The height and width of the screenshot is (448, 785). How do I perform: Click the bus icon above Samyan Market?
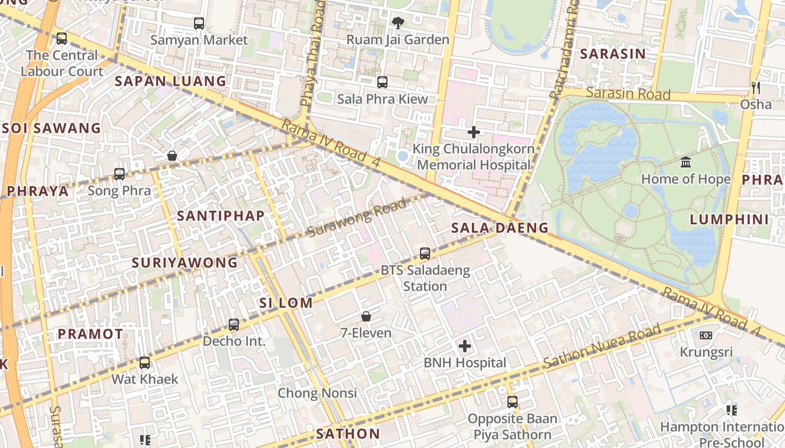pyautogui.click(x=199, y=24)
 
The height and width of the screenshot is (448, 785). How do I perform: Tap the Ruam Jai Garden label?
pyautogui.click(x=398, y=40)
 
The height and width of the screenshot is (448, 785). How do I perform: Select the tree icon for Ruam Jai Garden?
pyautogui.click(x=398, y=23)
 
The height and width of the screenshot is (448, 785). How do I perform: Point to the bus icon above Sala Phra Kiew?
pyautogui.click(x=382, y=82)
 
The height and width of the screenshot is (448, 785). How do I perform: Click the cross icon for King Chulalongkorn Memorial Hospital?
pyautogui.click(x=474, y=132)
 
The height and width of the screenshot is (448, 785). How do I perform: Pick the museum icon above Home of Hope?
pyautogui.click(x=685, y=162)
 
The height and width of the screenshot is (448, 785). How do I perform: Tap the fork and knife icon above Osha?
pyautogui.click(x=755, y=87)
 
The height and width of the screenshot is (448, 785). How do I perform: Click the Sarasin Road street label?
pyautogui.click(x=628, y=93)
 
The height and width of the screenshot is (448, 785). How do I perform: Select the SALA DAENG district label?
pyautogui.click(x=500, y=227)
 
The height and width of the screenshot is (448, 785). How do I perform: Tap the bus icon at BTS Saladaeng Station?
pyautogui.click(x=425, y=254)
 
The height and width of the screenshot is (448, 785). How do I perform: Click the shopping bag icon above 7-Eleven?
pyautogui.click(x=366, y=316)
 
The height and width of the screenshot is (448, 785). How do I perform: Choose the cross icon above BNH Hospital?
pyautogui.click(x=465, y=346)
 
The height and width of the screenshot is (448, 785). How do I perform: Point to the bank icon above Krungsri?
pyautogui.click(x=706, y=335)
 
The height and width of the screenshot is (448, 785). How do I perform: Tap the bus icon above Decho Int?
pyautogui.click(x=234, y=325)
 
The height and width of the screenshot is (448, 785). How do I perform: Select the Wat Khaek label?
pyautogui.click(x=145, y=379)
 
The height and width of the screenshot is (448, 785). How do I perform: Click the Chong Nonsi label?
pyautogui.click(x=317, y=393)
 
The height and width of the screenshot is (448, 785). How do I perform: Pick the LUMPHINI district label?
pyautogui.click(x=729, y=220)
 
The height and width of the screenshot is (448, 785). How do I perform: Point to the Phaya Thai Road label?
pyautogui.click(x=312, y=53)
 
